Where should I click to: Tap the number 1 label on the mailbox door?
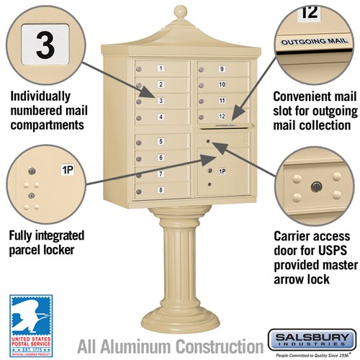[x=161, y=68]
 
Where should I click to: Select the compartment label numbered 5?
[x=161, y=142]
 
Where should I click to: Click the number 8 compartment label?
[x=161, y=190]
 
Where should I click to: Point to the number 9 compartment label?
[x=222, y=69]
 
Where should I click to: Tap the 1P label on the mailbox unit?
[x=222, y=171]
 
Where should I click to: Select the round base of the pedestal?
[x=180, y=328]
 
